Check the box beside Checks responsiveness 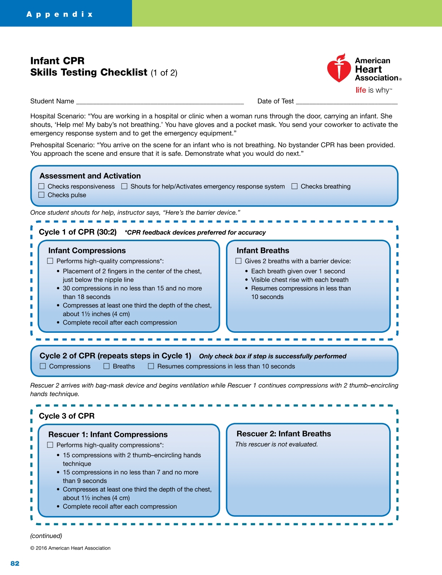(x=42, y=187)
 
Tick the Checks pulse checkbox (x=42, y=195)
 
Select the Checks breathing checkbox (x=295, y=187)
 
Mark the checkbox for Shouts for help (x=124, y=187)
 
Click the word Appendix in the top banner (x=60, y=14)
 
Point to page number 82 (x=15, y=563)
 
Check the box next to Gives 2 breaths (x=239, y=261)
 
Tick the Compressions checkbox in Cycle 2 (x=43, y=367)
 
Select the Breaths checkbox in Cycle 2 (x=107, y=367)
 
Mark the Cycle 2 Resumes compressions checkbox (x=151, y=367)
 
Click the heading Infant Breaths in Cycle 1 (x=263, y=250)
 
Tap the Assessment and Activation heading (x=90, y=176)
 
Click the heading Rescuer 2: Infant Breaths (x=283, y=434)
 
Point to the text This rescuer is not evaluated (x=276, y=445)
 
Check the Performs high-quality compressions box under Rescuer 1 (x=50, y=445)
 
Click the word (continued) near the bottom (x=46, y=536)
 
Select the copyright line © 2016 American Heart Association (x=70, y=548)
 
